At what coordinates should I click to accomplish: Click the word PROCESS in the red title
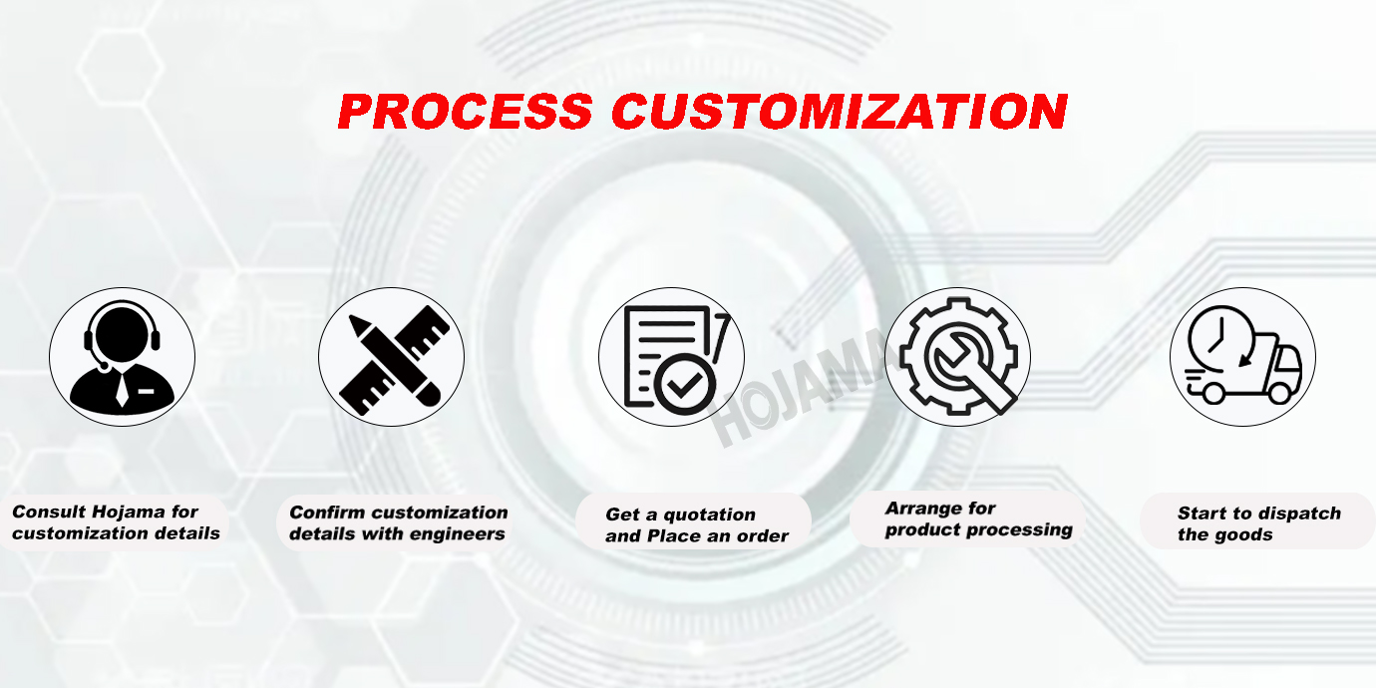click(x=465, y=112)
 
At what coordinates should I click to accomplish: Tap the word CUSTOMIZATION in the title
click(x=840, y=112)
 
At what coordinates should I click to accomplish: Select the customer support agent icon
click(x=123, y=356)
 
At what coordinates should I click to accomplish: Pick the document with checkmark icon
click(x=676, y=359)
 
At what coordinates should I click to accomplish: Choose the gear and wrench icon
click(x=958, y=356)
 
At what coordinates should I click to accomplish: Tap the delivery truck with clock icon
click(x=1242, y=355)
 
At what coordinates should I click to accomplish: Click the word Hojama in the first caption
click(x=129, y=512)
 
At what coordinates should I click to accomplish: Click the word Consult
click(x=49, y=512)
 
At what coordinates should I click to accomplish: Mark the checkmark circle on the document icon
click(x=684, y=384)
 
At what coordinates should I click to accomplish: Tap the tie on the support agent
click(x=123, y=389)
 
